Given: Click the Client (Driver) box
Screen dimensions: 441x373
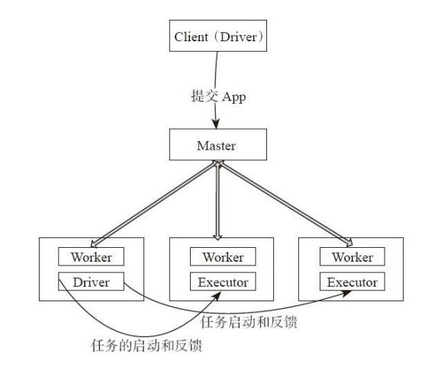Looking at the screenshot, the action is pos(218,36).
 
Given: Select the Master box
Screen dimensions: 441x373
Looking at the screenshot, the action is pos(218,144).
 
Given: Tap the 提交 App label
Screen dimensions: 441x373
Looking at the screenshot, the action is pos(218,96).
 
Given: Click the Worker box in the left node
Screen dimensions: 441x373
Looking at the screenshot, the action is pos(91,256).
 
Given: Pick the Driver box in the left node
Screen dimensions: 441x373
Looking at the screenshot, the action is pos(91,281).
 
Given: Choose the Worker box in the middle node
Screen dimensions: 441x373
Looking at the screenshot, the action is pos(223,256).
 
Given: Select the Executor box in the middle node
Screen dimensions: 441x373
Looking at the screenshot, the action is pos(223,281).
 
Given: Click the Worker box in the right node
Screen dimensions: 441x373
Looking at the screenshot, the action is pos(352,256).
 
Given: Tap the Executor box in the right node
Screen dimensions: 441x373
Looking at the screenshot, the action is pos(352,281).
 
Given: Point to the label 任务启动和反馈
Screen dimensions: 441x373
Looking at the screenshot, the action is pos(249,322).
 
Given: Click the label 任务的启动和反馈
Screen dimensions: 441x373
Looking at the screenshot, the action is pos(146,346).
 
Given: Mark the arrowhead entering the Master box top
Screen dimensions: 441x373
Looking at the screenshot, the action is pos(216,124).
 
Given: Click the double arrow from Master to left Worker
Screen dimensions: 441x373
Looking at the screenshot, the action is pos(154,204).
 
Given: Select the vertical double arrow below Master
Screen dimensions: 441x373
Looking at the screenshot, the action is pos(217,200).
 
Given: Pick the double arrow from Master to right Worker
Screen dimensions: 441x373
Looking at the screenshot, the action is pos(285,203).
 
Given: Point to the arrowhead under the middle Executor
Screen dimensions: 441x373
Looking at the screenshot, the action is pos(217,296).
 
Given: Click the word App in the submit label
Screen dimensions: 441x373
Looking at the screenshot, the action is pos(234,97).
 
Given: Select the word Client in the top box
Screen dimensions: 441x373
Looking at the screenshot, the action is pos(192,37).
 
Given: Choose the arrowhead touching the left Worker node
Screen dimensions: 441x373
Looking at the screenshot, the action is pos(94,243).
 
